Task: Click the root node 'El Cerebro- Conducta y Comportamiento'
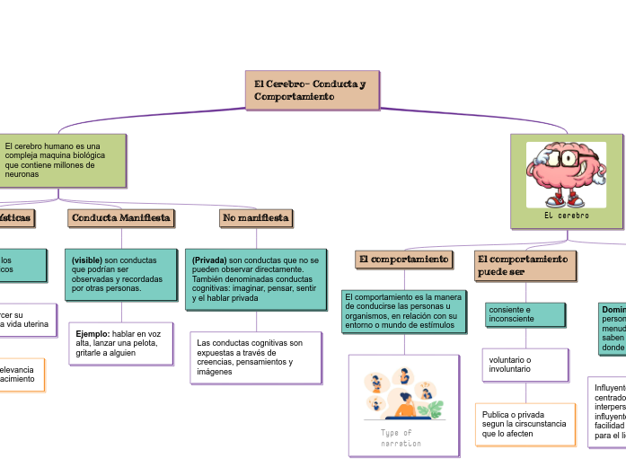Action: [312, 90]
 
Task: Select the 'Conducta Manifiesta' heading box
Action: [120, 218]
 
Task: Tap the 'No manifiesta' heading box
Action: [256, 218]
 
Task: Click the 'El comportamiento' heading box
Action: [403, 260]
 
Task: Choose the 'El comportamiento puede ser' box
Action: [525, 265]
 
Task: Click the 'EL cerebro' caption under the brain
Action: [567, 216]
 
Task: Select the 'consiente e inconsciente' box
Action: [525, 313]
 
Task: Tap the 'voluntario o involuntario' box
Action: [525, 365]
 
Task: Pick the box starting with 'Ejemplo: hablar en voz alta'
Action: [120, 343]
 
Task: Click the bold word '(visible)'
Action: [87, 260]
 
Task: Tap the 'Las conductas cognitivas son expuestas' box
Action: [256, 357]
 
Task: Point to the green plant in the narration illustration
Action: [435, 410]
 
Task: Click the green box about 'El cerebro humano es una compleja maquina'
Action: [60, 160]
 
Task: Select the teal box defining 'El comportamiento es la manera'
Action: [403, 310]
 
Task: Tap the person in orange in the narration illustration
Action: [405, 406]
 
